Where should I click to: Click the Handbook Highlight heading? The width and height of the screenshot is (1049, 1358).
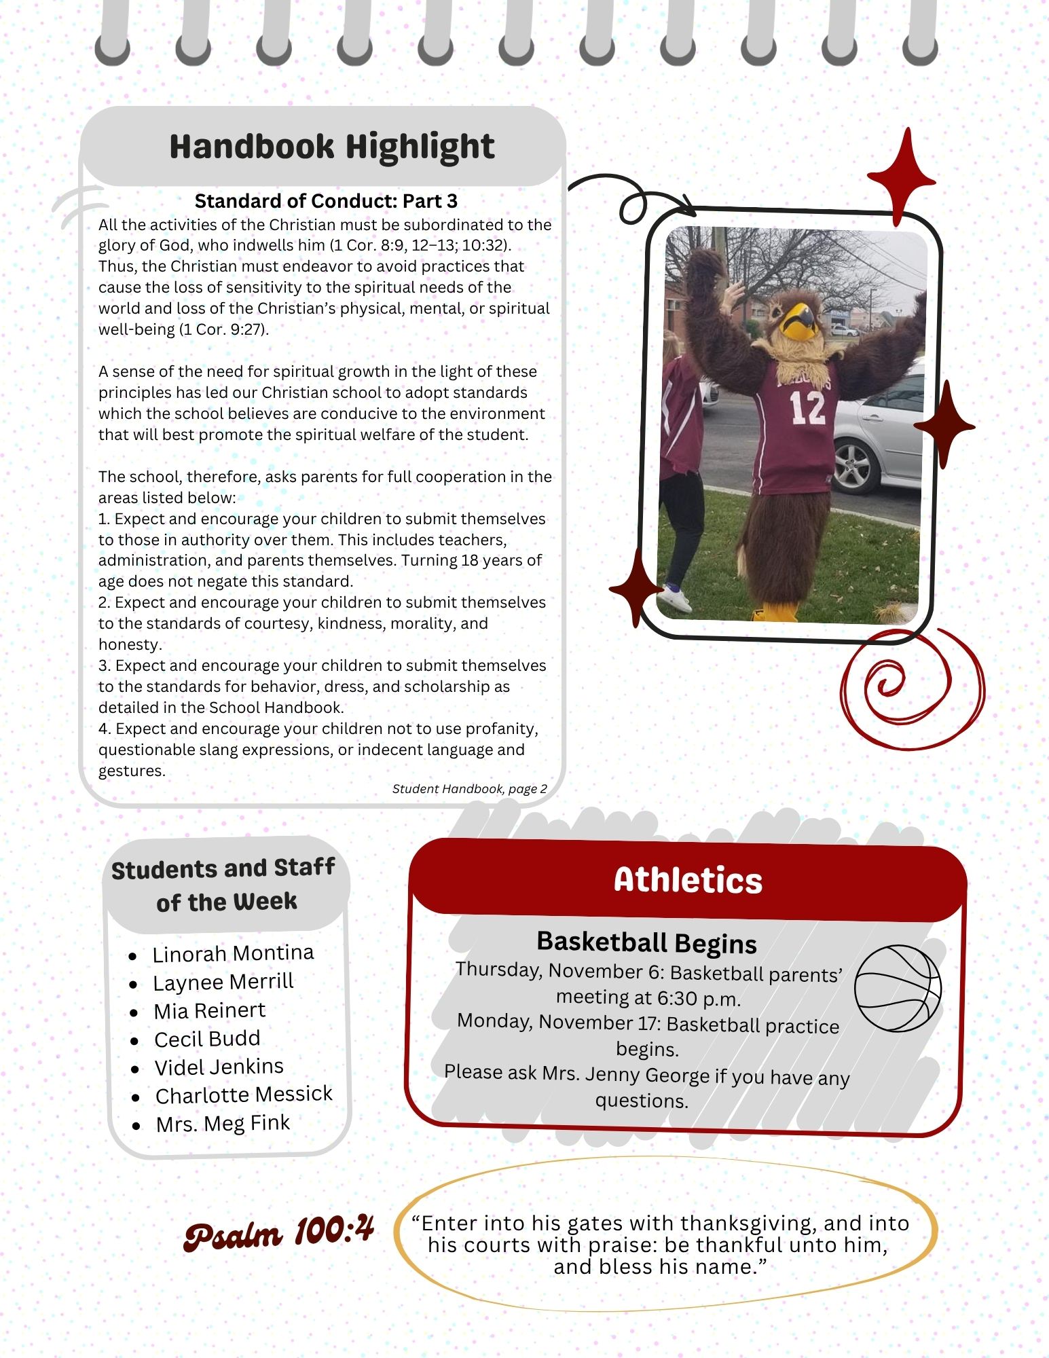coord(331,147)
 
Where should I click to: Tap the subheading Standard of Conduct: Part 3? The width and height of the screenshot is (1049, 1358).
coord(326,201)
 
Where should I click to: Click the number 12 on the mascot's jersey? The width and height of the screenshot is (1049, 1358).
coord(807,408)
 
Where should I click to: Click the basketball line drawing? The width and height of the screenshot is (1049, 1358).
coord(898,989)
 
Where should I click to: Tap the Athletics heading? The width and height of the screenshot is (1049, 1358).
coord(688,880)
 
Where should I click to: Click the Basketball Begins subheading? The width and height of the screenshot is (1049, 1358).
coord(646,942)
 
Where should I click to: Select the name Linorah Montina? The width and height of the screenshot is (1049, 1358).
coord(233,953)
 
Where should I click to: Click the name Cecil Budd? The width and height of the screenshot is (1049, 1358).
coord(207,1039)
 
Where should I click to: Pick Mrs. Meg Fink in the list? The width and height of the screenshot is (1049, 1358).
coord(223,1124)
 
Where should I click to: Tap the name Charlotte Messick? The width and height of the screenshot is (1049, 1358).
coord(244,1095)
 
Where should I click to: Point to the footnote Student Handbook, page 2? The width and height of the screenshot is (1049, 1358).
coord(469,788)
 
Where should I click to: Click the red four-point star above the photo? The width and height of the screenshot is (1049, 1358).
coord(901,177)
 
